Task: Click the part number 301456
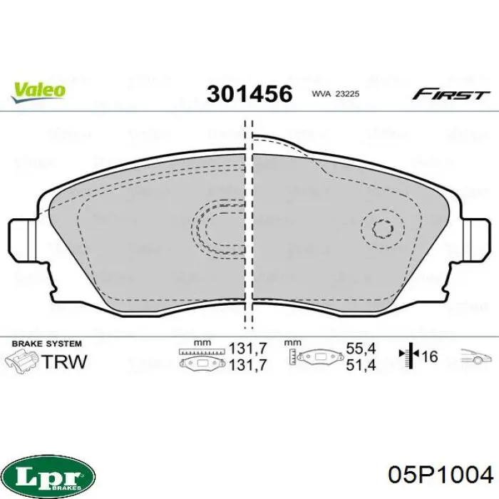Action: click(x=249, y=93)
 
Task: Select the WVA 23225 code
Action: click(x=338, y=94)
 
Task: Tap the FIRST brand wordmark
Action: click(x=450, y=93)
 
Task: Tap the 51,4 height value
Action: click(x=361, y=366)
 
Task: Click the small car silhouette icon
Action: click(x=473, y=357)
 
